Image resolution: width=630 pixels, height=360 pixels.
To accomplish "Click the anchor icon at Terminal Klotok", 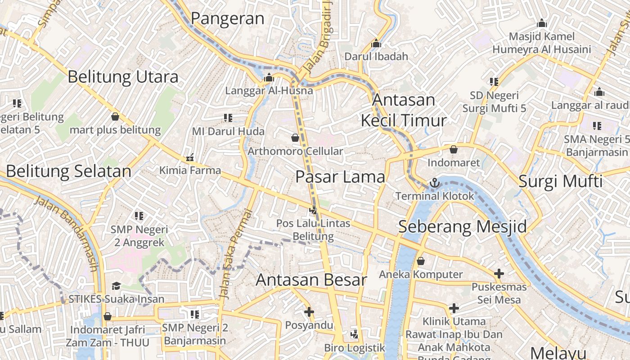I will click(435, 183).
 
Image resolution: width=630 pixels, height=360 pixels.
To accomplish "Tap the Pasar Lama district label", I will click(340, 177).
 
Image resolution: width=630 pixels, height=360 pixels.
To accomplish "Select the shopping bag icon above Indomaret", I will click(454, 149).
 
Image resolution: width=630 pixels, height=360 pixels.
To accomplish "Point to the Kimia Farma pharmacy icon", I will click(190, 158).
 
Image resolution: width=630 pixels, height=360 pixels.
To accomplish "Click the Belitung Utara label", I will click(123, 77).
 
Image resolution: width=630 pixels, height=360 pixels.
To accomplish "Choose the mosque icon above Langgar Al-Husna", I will click(269, 78).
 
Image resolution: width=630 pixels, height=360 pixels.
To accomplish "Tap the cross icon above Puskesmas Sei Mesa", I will click(499, 273).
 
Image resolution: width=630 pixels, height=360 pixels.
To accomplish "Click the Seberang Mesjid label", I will click(463, 226).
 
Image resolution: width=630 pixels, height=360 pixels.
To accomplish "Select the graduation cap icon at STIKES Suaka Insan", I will click(116, 286).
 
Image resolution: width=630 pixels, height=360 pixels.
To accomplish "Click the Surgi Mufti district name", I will click(560, 181).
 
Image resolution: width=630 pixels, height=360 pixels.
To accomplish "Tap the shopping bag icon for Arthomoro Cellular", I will click(295, 138).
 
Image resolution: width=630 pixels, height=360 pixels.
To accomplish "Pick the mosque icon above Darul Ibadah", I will click(376, 44).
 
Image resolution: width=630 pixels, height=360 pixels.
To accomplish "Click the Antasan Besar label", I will click(311, 280).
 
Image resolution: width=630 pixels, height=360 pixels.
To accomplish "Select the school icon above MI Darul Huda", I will click(228, 118).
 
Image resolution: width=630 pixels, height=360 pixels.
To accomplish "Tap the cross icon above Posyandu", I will click(309, 311).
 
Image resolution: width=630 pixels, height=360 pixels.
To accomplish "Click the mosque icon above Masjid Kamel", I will click(542, 23).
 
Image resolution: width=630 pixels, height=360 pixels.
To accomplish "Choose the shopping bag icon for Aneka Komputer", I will click(421, 261).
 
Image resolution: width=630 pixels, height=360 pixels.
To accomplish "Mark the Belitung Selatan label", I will click(68, 171).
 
